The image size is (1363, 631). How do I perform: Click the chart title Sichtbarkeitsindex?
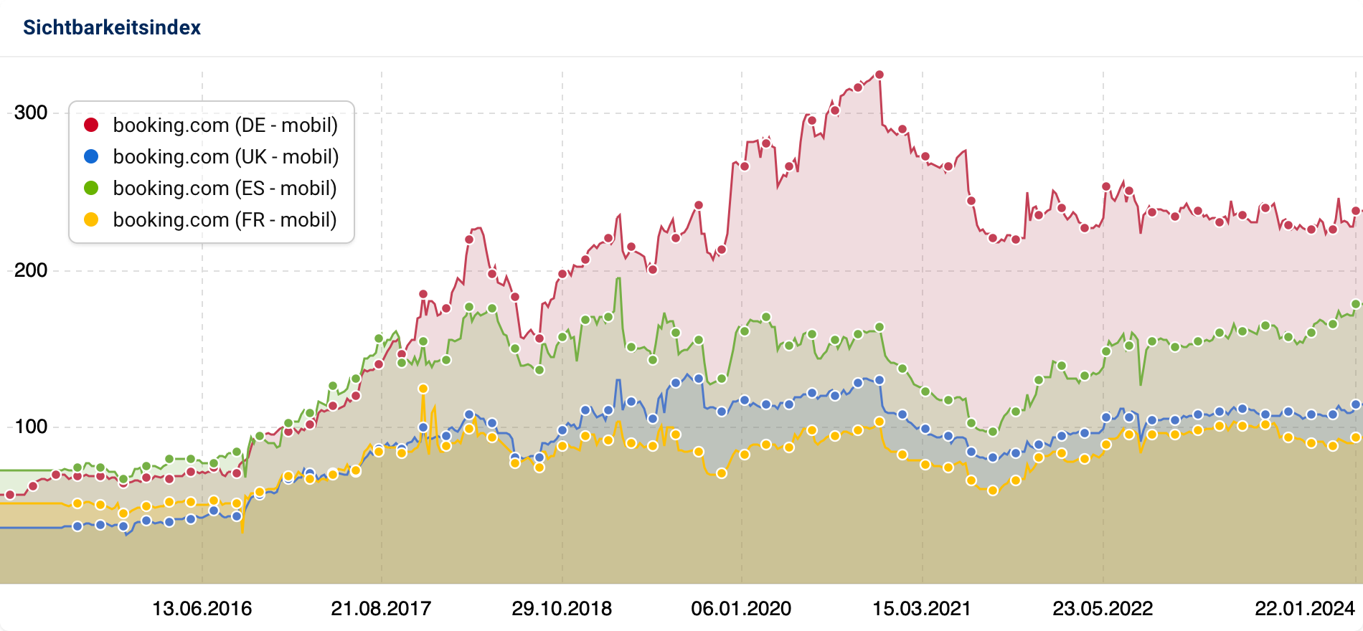coord(112,27)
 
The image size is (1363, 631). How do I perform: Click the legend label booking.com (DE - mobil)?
coord(225,125)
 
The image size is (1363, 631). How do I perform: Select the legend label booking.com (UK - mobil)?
coord(225,156)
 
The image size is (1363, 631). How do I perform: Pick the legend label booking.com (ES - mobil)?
coord(225,188)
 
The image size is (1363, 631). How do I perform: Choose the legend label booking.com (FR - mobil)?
coord(225,219)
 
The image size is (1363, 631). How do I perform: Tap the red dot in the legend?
coord(91,125)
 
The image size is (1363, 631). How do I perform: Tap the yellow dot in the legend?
coord(91,219)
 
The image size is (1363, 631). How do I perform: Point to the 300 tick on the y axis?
coord(31,113)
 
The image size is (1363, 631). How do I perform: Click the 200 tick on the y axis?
coord(31,270)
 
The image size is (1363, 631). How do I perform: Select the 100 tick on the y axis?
coord(31,427)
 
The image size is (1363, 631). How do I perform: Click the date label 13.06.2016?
coord(202,609)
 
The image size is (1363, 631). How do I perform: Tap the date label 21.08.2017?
coord(381,609)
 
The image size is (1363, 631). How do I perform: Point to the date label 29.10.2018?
coord(562,609)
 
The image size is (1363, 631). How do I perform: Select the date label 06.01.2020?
coord(741,609)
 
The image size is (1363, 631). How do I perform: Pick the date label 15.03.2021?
coord(922,609)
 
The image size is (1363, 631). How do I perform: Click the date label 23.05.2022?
coord(1103,609)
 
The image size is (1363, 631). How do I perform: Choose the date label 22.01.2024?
coord(1304,609)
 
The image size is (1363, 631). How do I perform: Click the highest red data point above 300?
coord(879,75)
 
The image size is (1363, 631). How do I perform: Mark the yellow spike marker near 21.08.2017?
coord(423,389)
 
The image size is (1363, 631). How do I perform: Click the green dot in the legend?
coord(91,188)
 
